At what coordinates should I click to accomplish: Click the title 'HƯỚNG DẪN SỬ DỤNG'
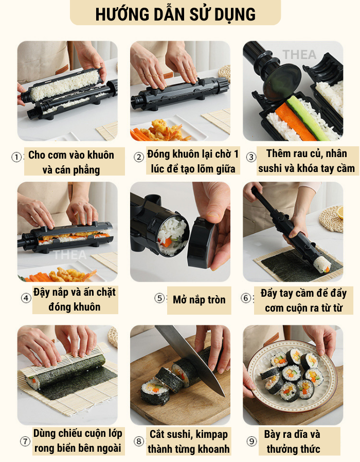(x=175, y=14)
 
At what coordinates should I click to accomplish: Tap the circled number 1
(x=16, y=157)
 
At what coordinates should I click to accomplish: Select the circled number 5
(x=159, y=298)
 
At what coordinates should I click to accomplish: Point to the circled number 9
(x=251, y=441)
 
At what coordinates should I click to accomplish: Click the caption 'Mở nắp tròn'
(x=199, y=300)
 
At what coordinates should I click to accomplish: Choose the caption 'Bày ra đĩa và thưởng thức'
(x=292, y=441)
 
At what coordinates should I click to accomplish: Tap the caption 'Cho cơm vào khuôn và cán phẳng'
(x=71, y=162)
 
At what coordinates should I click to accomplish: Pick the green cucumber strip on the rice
(x=307, y=118)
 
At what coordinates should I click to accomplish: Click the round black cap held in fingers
(x=200, y=242)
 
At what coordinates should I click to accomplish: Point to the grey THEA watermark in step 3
(x=299, y=54)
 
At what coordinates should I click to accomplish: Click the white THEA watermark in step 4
(x=70, y=255)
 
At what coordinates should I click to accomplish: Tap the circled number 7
(x=25, y=441)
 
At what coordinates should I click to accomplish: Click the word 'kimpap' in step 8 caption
(x=212, y=435)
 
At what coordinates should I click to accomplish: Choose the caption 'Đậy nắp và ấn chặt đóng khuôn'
(x=75, y=299)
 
